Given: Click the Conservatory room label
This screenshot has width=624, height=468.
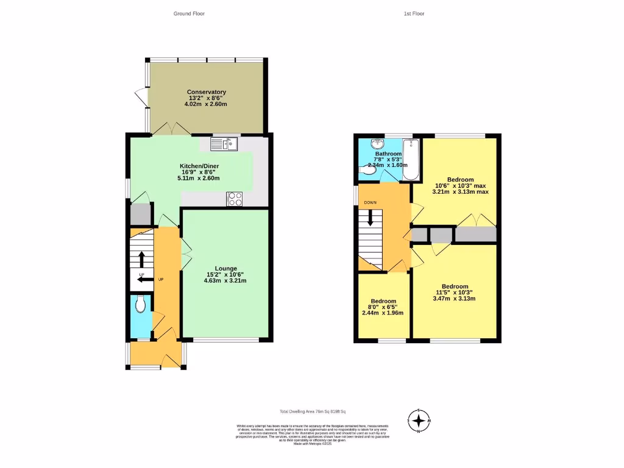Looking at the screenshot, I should click(206, 92).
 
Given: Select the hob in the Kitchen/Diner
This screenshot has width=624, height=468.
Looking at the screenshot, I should click(235, 198).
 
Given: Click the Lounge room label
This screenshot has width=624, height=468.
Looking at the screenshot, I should click(226, 268).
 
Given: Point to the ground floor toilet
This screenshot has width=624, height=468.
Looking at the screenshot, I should click(141, 303).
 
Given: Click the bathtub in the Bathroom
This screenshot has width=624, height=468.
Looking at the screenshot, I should click(412, 160).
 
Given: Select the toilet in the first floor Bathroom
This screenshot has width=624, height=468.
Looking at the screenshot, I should click(368, 172).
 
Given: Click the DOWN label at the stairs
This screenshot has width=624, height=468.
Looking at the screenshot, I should click(370, 203).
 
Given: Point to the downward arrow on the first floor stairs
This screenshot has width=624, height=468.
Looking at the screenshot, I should click(370, 219).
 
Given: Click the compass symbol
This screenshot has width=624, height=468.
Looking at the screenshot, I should click(419, 420).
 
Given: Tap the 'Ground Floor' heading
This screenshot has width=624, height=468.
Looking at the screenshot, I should click(189, 13).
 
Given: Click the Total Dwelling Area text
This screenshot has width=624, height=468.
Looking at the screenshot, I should click(309, 412).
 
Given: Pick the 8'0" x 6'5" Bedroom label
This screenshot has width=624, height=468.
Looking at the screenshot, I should click(383, 302).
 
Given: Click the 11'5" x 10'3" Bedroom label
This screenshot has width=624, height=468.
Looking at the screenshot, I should click(455, 287).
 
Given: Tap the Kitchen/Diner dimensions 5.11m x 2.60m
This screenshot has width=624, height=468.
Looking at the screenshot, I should click(198, 178).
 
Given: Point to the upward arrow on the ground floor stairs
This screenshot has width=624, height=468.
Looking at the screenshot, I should click(142, 260).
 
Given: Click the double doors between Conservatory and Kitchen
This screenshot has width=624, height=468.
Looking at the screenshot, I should click(171, 130).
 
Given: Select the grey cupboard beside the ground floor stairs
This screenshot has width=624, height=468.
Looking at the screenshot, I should click(140, 214).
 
